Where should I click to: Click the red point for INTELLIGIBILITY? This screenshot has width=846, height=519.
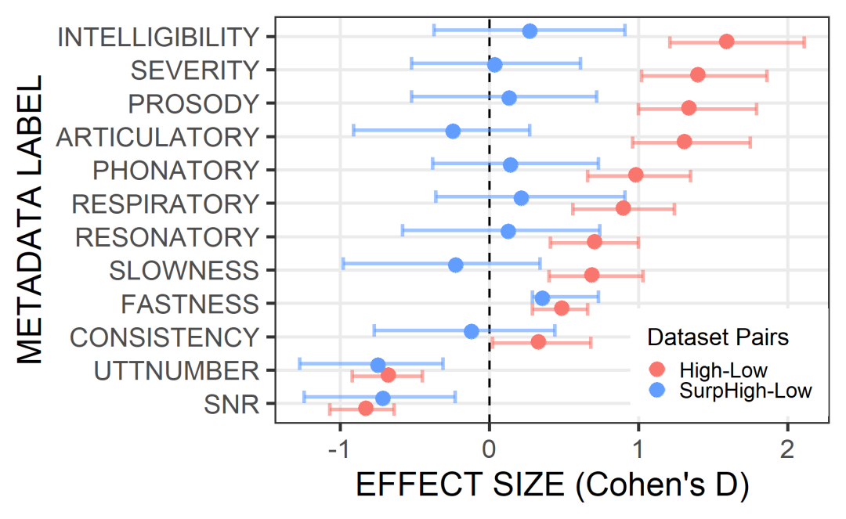[x=726, y=41]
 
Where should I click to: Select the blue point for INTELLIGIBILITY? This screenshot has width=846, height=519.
[x=530, y=31]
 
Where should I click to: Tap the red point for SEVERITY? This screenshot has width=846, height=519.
[x=698, y=75]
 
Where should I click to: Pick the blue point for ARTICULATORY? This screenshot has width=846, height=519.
[x=453, y=131]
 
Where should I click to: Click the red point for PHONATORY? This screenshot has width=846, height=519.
[x=635, y=175]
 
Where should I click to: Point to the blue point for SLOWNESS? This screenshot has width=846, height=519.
[x=456, y=265]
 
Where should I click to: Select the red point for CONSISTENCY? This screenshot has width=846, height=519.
[x=538, y=342]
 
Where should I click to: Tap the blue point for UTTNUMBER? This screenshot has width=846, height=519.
[x=378, y=365]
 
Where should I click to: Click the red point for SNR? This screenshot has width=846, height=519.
[x=366, y=409]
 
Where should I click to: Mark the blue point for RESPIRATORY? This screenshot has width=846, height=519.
[x=521, y=198]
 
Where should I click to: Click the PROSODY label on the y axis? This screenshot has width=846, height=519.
[x=193, y=103]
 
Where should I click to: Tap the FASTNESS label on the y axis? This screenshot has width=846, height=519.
[x=191, y=304]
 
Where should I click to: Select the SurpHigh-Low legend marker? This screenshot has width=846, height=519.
[x=657, y=390]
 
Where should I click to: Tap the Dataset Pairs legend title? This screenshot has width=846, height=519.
[x=717, y=338]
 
